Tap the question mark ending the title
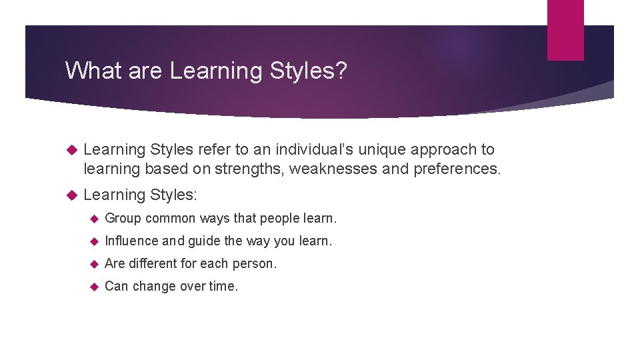click(x=341, y=70)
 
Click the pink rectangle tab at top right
click(x=565, y=30)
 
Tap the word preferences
click(x=455, y=169)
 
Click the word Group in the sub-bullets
click(x=123, y=218)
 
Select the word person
click(x=253, y=263)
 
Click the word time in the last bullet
click(x=223, y=286)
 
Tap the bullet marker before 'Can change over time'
click(x=95, y=287)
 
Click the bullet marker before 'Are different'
click(x=95, y=264)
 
